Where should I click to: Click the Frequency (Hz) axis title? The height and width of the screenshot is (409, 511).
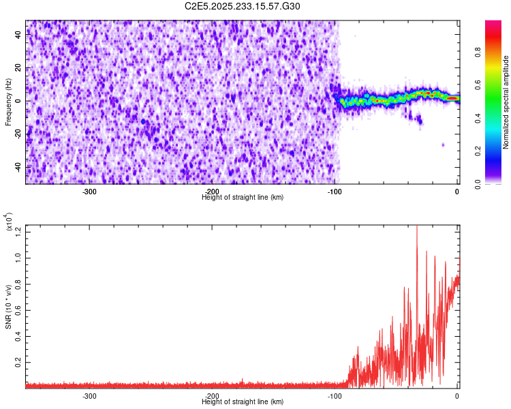[x=8, y=102]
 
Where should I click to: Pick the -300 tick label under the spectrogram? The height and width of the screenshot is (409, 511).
[x=89, y=192]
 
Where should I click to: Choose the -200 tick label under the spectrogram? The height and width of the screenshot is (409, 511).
[x=212, y=192]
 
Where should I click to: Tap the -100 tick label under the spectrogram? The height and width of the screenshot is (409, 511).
[x=334, y=192]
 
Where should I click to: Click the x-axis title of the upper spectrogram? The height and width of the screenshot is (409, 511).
[x=243, y=197]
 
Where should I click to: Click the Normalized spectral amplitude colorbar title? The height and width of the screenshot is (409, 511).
[x=506, y=102]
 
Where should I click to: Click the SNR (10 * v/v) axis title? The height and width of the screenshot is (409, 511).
[x=9, y=307]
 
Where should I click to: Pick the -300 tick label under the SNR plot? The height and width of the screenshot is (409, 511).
[x=89, y=396]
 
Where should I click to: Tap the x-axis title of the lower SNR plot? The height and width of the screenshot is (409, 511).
[x=243, y=402]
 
